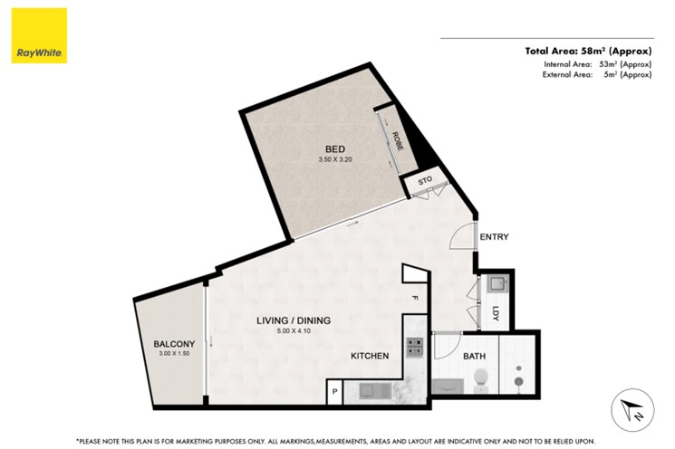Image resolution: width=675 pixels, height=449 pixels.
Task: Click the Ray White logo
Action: pos(39,35)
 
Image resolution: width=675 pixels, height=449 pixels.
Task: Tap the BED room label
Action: pos(335,149)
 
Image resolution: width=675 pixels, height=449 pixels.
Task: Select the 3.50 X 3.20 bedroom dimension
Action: pos(335,159)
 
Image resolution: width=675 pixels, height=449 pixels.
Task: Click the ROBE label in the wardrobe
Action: pos(398,140)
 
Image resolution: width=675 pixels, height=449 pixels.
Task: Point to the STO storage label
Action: pos(425,181)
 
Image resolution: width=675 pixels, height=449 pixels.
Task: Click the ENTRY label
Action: pos(494,236)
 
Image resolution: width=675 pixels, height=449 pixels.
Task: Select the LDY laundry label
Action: pos(496,313)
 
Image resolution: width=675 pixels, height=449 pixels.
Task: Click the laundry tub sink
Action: pos(498,284)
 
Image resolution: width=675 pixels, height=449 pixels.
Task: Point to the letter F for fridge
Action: pos(415,298)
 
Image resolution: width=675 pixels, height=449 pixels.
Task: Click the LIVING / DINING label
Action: pos(294,320)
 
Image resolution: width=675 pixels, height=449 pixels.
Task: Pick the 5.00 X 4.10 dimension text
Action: pos(294,330)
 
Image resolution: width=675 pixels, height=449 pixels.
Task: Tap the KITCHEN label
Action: pos(370,356)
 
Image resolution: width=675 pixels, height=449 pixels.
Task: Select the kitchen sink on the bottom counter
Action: pos(374,391)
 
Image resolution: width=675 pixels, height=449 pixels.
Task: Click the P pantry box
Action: pos(334,392)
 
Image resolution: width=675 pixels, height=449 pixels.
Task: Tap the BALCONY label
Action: pos(174,344)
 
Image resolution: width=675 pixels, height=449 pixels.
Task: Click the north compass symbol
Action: pos(632,410)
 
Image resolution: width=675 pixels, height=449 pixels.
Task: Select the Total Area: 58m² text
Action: pos(565,52)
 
